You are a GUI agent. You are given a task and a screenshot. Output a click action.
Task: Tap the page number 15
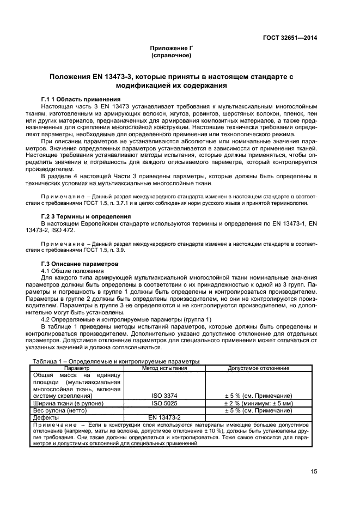[314, 472]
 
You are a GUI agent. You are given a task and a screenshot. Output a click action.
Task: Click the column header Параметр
[78, 368]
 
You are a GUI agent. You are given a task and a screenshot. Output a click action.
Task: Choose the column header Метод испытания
[164, 368]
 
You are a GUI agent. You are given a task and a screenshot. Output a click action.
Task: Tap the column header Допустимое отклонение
[259, 368]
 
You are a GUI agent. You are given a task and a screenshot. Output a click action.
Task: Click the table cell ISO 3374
[164, 395]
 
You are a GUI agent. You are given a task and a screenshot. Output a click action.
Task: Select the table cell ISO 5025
[164, 403]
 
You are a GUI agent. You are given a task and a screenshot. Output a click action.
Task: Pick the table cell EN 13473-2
[164, 417]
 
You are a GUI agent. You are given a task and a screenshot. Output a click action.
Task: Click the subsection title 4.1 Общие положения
[72, 270]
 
